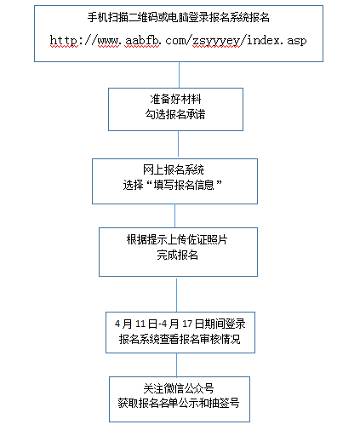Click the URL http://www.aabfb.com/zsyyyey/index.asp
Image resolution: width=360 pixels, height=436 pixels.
tap(178, 41)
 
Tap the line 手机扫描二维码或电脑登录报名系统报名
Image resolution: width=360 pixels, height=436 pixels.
tap(179, 18)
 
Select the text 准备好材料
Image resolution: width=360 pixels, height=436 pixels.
tap(175, 99)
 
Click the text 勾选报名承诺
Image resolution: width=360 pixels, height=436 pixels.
tap(175, 114)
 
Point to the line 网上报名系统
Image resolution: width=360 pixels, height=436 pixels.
tap(174, 169)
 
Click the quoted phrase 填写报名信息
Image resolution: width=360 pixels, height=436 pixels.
tap(184, 185)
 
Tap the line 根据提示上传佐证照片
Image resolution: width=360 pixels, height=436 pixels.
tap(177, 239)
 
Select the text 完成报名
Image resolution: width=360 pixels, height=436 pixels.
tap(177, 255)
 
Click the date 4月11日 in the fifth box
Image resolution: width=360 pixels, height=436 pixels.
tap(136, 324)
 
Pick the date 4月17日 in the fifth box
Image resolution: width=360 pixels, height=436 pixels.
tap(183, 324)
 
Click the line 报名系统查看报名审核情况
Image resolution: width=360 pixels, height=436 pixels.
tap(180, 339)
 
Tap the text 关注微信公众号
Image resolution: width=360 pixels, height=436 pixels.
tap(179, 388)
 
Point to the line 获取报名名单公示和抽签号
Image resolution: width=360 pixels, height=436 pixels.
tap(179, 403)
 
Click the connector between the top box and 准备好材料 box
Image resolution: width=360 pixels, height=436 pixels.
tap(179, 75)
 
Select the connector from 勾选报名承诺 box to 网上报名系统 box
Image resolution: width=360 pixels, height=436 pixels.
tap(178, 144)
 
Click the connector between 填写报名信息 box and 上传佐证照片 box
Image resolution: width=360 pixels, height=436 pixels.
tap(174, 215)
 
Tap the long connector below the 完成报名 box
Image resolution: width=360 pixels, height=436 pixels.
tap(176, 295)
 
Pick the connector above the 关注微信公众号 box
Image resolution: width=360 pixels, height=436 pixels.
tap(176, 365)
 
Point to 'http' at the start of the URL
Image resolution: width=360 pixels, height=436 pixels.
tap(63, 41)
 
